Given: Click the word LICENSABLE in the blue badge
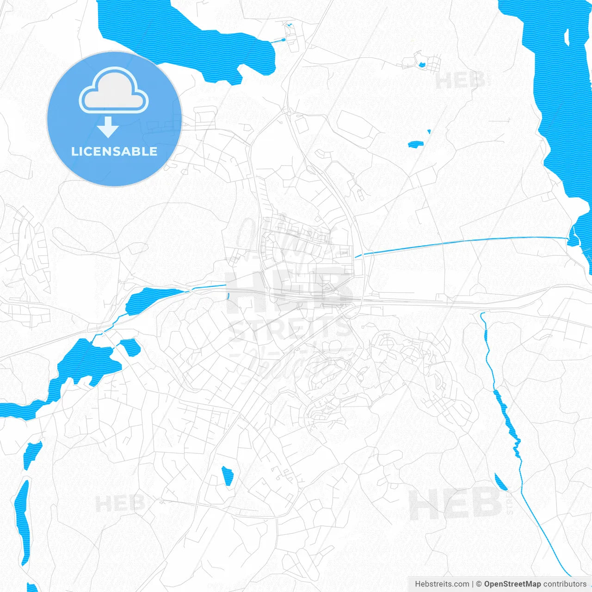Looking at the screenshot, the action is (114, 152).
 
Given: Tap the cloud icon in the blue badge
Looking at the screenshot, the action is (114, 92).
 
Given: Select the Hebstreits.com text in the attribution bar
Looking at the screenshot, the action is (442, 584).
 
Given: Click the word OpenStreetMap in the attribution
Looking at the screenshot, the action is (512, 584).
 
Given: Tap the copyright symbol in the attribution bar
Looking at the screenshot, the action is (479, 584).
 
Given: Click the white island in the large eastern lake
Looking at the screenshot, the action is (567, 38).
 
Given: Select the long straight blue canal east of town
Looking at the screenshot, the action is (462, 242).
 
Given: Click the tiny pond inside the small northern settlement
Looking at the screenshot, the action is (422, 64).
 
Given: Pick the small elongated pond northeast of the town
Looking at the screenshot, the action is (415, 144).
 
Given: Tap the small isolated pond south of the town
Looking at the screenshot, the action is (227, 476).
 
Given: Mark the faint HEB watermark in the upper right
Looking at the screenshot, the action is (460, 81).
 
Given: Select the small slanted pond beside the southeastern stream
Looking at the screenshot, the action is (501, 482).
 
